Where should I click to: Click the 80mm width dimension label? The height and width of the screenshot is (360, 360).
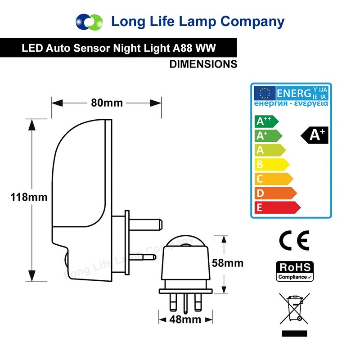click(x=107, y=103)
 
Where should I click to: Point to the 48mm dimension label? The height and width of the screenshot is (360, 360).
click(x=185, y=320)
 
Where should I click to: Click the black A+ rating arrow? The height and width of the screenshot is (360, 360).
click(x=315, y=135)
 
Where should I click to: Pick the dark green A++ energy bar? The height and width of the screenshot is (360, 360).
click(x=266, y=121)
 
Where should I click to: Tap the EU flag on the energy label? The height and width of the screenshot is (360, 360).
click(x=264, y=93)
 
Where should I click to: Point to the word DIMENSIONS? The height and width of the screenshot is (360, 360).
click(x=203, y=64)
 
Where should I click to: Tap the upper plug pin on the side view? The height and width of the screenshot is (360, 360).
click(x=144, y=222)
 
